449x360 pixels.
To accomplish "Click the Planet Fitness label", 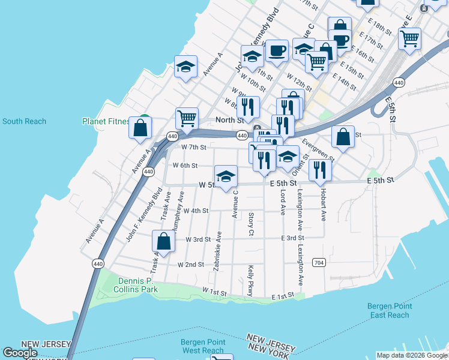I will (x=106, y=121).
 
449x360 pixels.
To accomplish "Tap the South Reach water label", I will (x=24, y=121).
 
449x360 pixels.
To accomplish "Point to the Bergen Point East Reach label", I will (x=389, y=311).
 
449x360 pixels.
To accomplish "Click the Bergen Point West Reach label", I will (x=202, y=346).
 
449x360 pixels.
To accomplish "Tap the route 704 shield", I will (x=319, y=263).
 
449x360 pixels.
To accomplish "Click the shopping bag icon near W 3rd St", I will (x=163, y=241).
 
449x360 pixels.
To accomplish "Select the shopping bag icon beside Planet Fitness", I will (x=140, y=128).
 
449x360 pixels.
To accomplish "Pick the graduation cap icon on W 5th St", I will (x=226, y=176).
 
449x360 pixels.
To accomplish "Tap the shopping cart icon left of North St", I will (x=187, y=118).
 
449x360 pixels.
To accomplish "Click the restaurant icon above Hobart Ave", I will (x=320, y=170).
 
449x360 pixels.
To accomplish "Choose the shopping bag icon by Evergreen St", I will (x=342, y=137).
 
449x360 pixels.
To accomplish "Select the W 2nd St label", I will (x=190, y=265).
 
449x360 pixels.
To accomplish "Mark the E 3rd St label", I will (x=293, y=238).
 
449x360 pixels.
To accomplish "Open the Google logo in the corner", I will (x=20, y=353).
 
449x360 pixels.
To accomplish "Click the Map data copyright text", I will (x=412, y=355).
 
